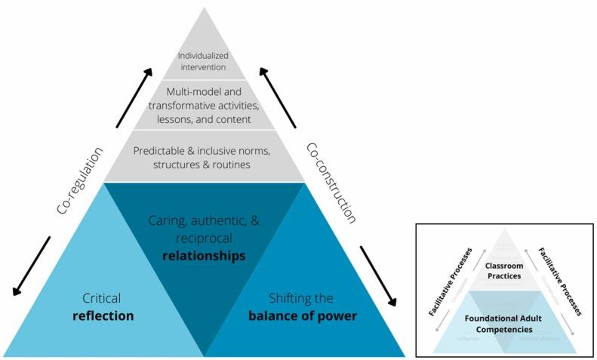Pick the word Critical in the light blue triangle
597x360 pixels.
[x=102, y=298]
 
